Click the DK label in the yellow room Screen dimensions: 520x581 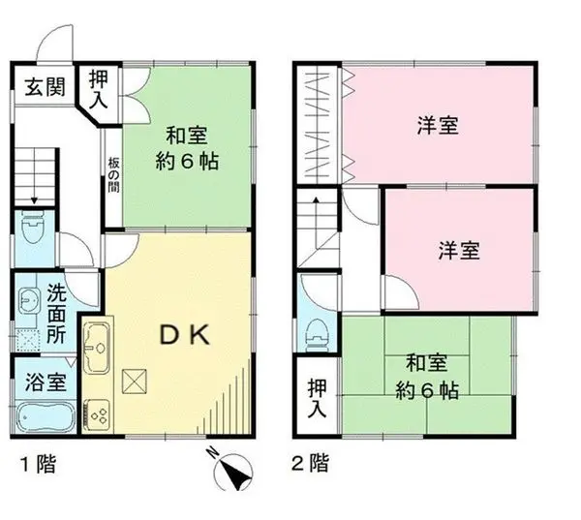coord(184,335)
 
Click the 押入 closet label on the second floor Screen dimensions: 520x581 coord(318,397)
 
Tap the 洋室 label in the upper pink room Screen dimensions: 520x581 coord(438,124)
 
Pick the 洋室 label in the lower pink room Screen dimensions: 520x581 coord(459,249)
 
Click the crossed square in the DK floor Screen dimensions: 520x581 coord(134,382)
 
